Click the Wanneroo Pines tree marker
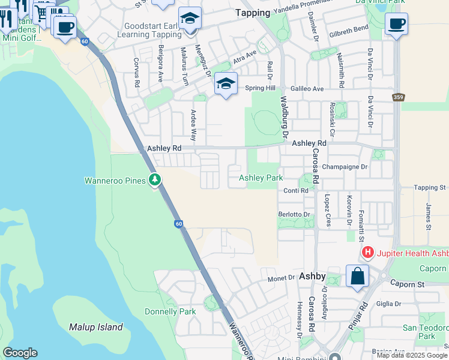(x=155, y=179)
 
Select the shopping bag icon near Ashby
(x=358, y=277)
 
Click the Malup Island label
(x=95, y=327)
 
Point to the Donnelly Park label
(x=170, y=311)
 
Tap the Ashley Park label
(x=261, y=178)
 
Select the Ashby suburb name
(x=312, y=277)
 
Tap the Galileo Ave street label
(x=307, y=88)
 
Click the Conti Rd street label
(x=295, y=190)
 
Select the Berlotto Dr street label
(x=294, y=214)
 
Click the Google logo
(x=20, y=353)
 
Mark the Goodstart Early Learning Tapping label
(x=152, y=30)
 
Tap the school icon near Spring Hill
(x=226, y=84)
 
